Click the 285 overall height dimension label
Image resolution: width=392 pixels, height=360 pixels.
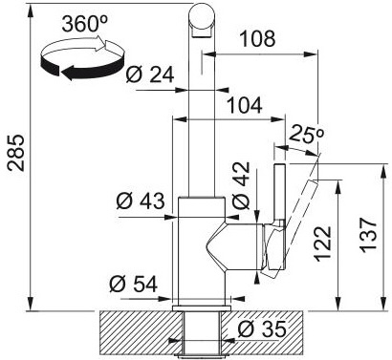click(16, 153)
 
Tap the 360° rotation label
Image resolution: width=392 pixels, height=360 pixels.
click(85, 23)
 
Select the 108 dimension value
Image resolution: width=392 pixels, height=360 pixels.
click(257, 38)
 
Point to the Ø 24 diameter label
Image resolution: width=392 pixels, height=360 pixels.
click(150, 74)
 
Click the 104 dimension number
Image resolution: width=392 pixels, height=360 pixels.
click(244, 105)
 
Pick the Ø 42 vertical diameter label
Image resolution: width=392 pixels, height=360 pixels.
click(241, 185)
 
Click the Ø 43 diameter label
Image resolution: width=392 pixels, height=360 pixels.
click(141, 201)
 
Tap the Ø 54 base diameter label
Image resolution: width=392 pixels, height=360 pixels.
click(133, 284)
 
